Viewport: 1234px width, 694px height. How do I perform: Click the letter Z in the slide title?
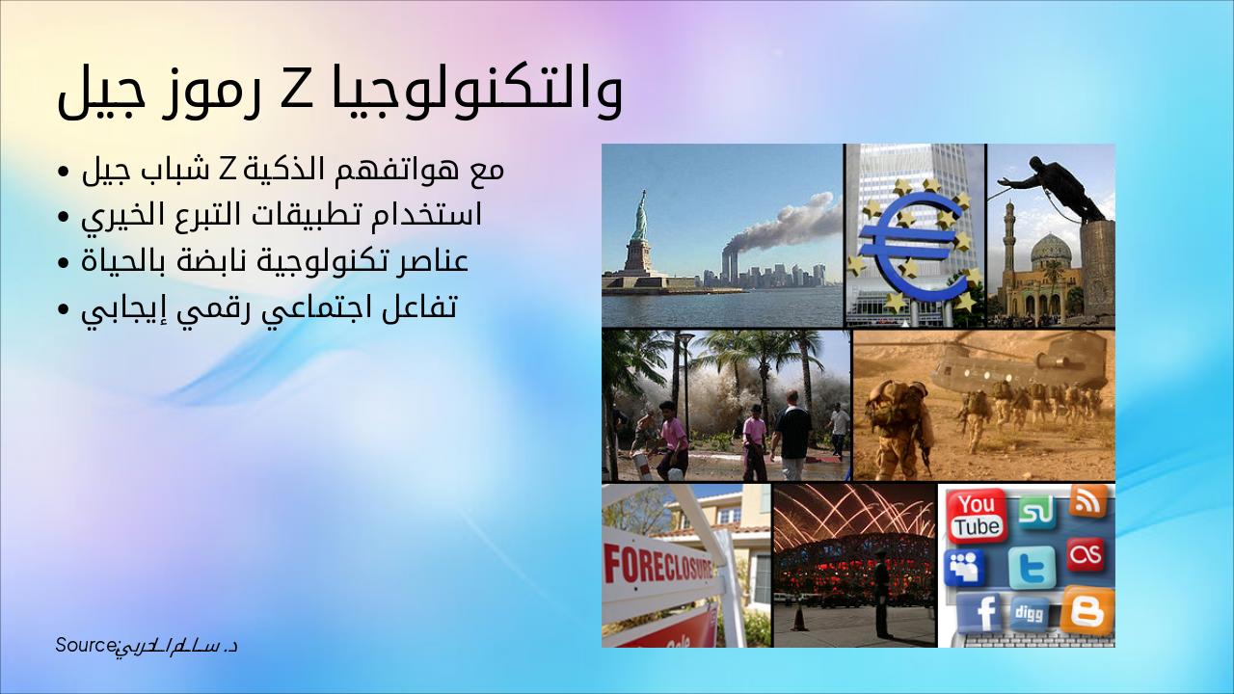click(x=292, y=91)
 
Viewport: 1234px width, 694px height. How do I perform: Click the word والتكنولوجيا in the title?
click(x=473, y=93)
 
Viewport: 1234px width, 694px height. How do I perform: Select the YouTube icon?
click(x=977, y=515)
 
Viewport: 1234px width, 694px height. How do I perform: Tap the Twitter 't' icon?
click(x=1033, y=568)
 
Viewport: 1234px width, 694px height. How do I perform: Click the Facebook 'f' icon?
click(x=979, y=612)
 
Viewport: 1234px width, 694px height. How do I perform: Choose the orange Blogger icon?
click(x=1087, y=610)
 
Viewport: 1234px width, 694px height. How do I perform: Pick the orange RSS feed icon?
click(x=1088, y=500)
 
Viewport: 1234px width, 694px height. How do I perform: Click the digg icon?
click(x=1030, y=612)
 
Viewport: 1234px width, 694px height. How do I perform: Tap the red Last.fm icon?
click(x=1086, y=554)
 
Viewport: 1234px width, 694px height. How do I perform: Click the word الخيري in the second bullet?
click(x=114, y=214)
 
